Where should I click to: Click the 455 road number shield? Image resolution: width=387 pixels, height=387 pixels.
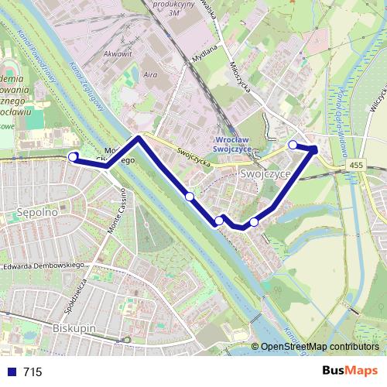(x=355, y=165)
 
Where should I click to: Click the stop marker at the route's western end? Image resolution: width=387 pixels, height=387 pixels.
(x=74, y=157)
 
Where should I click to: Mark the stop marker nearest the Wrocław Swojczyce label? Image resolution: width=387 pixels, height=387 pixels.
(x=293, y=145)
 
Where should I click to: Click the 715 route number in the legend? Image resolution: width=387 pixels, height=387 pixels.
(x=33, y=372)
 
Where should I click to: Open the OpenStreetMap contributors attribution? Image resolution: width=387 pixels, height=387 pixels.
(x=319, y=348)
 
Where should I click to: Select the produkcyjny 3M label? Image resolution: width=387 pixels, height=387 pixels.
(x=175, y=7)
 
